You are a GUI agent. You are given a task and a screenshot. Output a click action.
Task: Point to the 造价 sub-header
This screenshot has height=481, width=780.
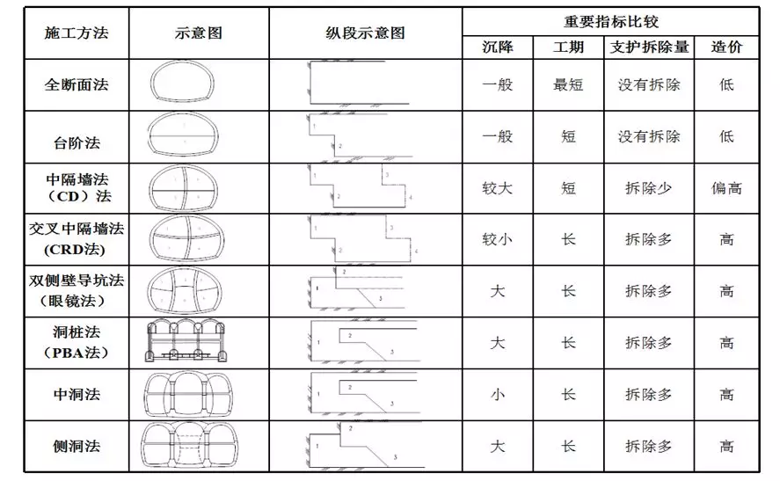click(725, 47)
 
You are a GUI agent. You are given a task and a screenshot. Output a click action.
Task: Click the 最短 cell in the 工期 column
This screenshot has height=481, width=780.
click(568, 85)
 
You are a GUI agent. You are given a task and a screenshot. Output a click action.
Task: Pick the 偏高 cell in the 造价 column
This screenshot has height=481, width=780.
click(725, 188)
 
